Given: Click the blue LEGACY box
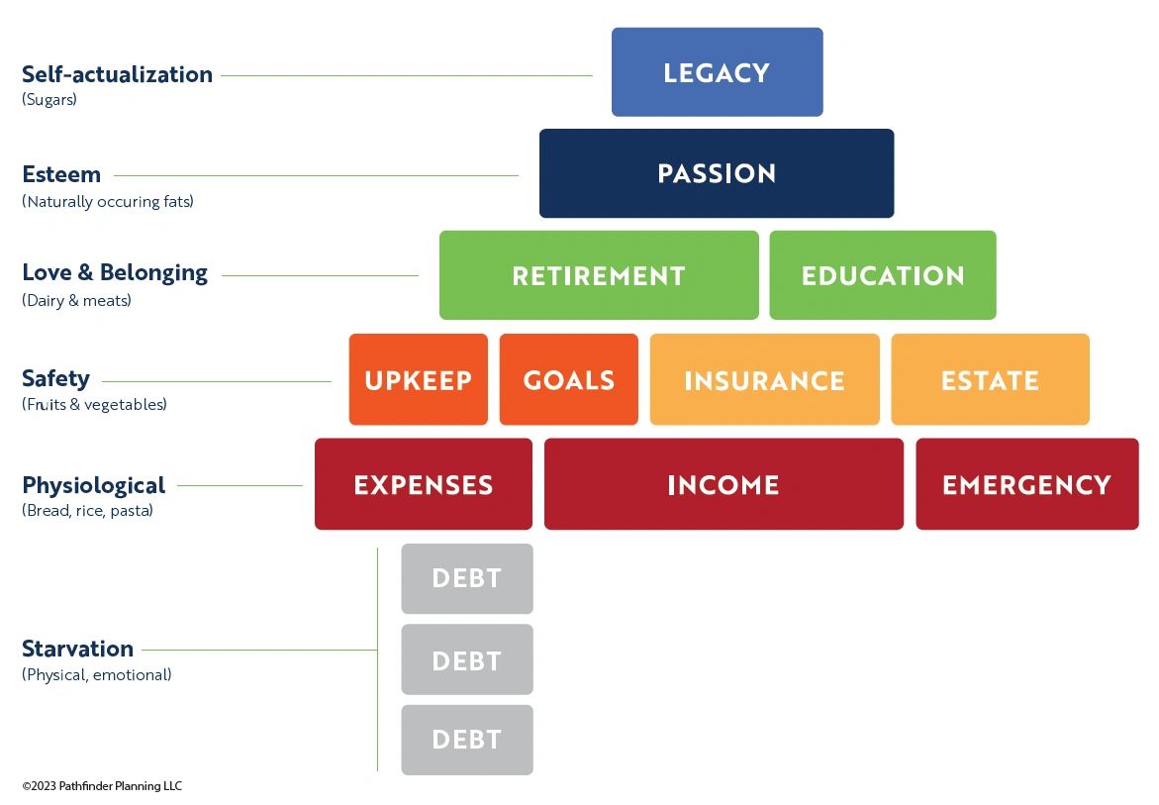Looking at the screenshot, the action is (x=717, y=71).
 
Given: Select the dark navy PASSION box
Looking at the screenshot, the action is (x=717, y=173).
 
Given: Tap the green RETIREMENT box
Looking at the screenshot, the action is (x=599, y=275).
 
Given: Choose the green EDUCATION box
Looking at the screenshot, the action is (x=883, y=275).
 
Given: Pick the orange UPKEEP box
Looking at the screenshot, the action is (x=419, y=379).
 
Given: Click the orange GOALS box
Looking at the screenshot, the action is (x=568, y=379).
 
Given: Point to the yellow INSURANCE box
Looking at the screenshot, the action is (x=764, y=379).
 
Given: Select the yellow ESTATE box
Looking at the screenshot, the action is (x=990, y=379).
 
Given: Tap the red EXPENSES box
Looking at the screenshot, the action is (x=424, y=484).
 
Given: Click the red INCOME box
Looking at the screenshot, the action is (x=724, y=484).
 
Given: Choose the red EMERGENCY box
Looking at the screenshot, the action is (x=1027, y=484).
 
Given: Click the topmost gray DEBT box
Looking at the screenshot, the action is (x=467, y=579).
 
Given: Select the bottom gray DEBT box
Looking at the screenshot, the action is (x=467, y=740).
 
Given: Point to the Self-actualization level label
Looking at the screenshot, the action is (x=117, y=74).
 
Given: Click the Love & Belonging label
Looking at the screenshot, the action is (x=115, y=272).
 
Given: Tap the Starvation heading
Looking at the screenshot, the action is (x=77, y=649).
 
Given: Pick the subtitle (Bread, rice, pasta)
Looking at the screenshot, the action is (x=87, y=510).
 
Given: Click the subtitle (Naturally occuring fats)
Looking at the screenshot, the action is (x=108, y=201).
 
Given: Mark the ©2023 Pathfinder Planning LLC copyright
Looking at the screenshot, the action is (x=102, y=786).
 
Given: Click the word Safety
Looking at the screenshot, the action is (x=55, y=378).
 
